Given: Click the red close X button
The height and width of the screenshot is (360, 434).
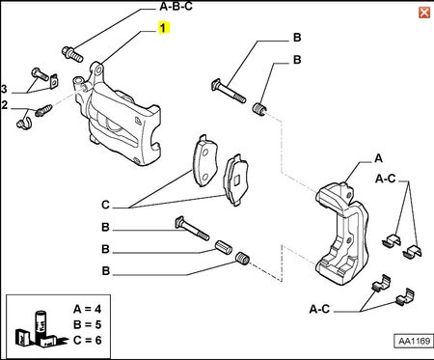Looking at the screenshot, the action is click(x=424, y=13).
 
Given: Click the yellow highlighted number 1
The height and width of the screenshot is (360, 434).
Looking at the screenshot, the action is click(x=163, y=28).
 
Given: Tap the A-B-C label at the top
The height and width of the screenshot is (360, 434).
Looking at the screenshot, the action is click(x=176, y=6).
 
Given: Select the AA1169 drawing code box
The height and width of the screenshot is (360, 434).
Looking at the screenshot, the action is click(x=414, y=341).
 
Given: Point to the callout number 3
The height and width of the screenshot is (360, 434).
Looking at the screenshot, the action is click(x=4, y=89).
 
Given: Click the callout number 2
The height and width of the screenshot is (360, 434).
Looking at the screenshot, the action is click(x=4, y=105).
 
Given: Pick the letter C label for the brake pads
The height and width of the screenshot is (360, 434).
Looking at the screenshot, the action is click(x=105, y=205).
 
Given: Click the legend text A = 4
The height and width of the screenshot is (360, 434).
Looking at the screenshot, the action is click(x=87, y=309).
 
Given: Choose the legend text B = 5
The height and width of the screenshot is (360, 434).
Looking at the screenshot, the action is click(x=87, y=324).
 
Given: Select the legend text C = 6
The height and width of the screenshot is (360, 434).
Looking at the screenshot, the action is click(x=87, y=340).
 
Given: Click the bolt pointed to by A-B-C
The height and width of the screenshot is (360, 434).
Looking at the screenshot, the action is click(x=72, y=54).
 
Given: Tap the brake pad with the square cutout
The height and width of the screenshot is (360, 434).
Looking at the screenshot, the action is click(x=237, y=180).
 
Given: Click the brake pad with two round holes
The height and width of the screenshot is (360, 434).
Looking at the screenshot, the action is click(x=204, y=161).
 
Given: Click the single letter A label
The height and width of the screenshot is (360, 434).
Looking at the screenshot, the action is click(x=379, y=158).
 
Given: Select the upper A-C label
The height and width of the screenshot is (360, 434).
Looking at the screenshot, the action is click(x=385, y=179).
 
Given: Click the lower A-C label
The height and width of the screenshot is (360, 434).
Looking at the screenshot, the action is click(x=319, y=309).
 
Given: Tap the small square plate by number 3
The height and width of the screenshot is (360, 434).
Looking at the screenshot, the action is click(x=55, y=81).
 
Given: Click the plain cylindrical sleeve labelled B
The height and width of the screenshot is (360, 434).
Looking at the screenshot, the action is click(x=224, y=247).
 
